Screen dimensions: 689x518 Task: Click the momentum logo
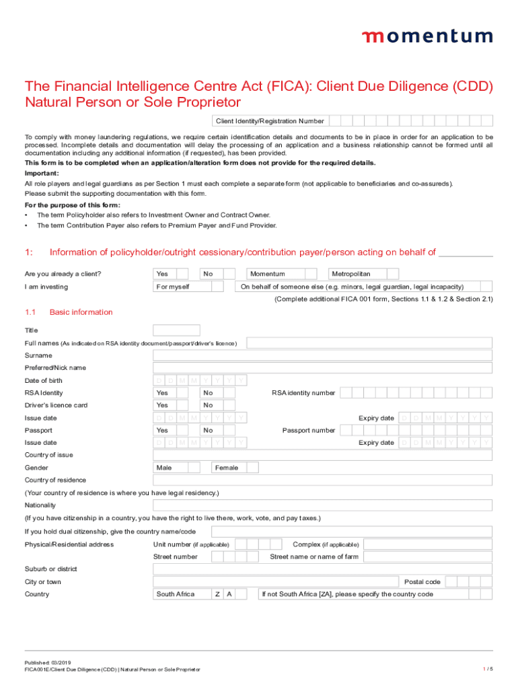(427, 36)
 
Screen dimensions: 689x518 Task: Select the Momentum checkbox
(310, 274)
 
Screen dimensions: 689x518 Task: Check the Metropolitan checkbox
(392, 274)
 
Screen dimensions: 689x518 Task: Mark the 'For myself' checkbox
(217, 287)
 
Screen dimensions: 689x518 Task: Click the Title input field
(176, 330)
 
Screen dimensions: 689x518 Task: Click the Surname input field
(323, 355)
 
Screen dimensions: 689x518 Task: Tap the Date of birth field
(200, 381)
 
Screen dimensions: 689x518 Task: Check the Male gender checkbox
(194, 468)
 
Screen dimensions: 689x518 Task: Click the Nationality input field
(323, 505)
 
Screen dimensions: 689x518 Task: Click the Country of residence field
(323, 480)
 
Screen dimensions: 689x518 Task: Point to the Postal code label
(422, 582)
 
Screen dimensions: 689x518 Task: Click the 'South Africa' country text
(176, 594)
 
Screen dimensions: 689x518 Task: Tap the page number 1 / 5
(488, 668)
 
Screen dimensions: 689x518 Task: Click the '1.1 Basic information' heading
(69, 312)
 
